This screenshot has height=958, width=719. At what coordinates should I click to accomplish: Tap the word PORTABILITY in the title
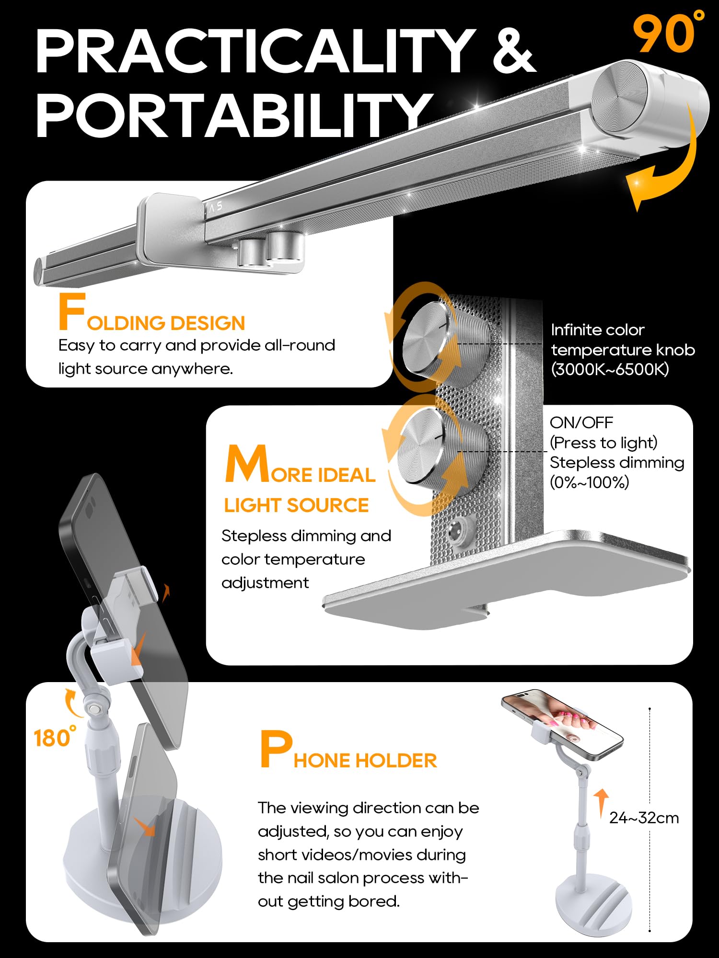coord(234,115)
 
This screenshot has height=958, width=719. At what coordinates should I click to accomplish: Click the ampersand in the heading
coord(514,50)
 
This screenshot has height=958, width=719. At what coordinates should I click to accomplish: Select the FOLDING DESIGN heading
coord(151,313)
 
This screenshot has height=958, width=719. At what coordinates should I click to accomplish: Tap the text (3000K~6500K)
coord(610,369)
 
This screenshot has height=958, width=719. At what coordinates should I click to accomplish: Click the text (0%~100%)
coord(589,482)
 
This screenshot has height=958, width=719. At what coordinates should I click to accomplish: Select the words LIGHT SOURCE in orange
coord(296,505)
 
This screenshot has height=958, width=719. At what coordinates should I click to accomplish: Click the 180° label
coord(55,737)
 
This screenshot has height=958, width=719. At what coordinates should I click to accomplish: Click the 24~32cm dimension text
coord(644,818)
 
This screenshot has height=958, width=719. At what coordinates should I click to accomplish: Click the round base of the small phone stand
coord(593,904)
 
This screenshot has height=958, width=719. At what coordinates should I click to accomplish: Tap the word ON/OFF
coord(581,422)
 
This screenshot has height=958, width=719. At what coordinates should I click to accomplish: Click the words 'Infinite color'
coord(598,330)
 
